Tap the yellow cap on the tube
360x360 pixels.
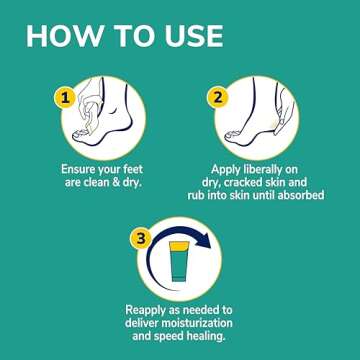pos(179,246)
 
